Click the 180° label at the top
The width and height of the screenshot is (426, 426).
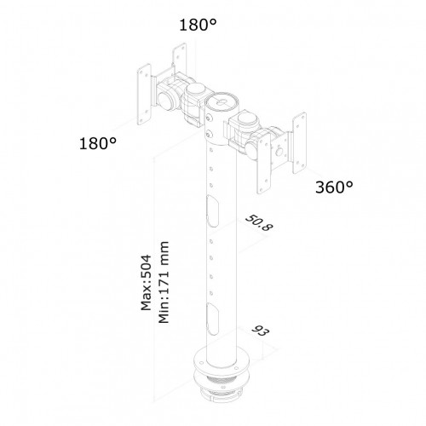point(198,25)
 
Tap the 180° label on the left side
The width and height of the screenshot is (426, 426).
point(98,143)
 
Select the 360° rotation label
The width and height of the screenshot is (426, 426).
point(334,187)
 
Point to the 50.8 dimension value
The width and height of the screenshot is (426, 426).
point(259,223)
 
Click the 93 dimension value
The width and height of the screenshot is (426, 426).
point(261,331)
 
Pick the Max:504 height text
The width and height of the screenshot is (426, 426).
point(147,283)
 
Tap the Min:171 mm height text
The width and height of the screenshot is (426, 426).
point(164,282)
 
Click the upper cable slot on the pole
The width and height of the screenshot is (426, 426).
point(212,210)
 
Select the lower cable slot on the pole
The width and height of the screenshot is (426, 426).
point(212,319)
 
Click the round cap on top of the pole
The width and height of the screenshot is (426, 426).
point(222,101)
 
